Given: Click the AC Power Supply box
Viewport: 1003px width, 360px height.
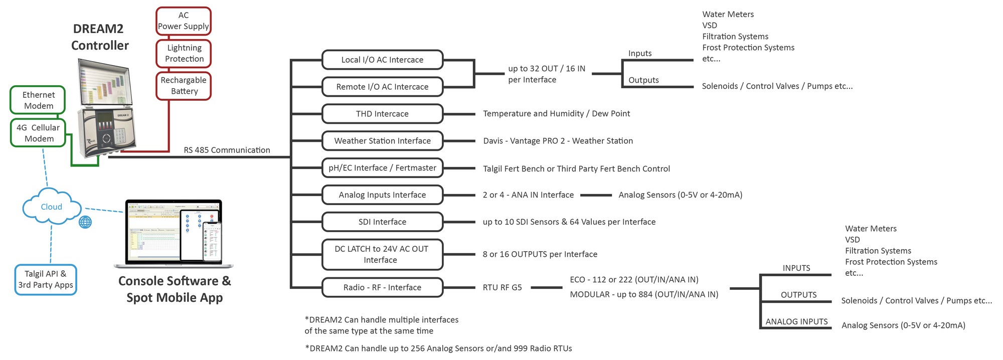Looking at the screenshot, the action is pyautogui.click(x=184, y=21).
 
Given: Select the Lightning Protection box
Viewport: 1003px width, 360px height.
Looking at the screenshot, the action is pyautogui.click(x=184, y=53).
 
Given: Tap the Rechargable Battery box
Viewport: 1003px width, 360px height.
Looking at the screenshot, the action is pyautogui.click(x=184, y=86).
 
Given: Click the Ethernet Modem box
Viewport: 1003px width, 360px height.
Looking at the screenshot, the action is pyautogui.click(x=38, y=100).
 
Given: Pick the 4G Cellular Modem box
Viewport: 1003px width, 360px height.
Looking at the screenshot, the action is pyautogui.click(x=38, y=133).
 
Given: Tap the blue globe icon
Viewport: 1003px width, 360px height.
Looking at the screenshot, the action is pyautogui.click(x=85, y=222).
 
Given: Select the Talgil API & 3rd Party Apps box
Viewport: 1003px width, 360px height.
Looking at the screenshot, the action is pyautogui.click(x=46, y=280).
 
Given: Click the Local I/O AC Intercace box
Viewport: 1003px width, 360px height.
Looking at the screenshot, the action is pyautogui.click(x=382, y=60).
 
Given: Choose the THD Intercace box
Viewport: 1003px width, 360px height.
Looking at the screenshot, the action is pyautogui.click(x=382, y=114).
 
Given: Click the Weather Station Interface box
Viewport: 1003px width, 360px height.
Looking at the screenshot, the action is pyautogui.click(x=382, y=141).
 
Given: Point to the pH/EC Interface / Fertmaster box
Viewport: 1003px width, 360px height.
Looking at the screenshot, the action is pyautogui.click(x=382, y=168).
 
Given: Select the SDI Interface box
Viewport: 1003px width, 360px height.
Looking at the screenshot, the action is pyautogui.click(x=382, y=222).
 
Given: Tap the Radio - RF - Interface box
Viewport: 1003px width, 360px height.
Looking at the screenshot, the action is pyautogui.click(x=382, y=287).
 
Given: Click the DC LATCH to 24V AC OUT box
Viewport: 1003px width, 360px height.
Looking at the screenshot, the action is pyautogui.click(x=382, y=255).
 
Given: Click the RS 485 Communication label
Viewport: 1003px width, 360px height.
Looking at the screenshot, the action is pyautogui.click(x=227, y=150).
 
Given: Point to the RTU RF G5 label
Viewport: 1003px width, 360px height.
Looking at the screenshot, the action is pyautogui.click(x=502, y=287).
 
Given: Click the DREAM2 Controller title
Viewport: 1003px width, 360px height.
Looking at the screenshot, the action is pyautogui.click(x=100, y=37).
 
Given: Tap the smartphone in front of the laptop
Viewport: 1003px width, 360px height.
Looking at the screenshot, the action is pyautogui.click(x=212, y=242).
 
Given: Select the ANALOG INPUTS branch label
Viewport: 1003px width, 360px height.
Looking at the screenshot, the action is pyautogui.click(x=796, y=321).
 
